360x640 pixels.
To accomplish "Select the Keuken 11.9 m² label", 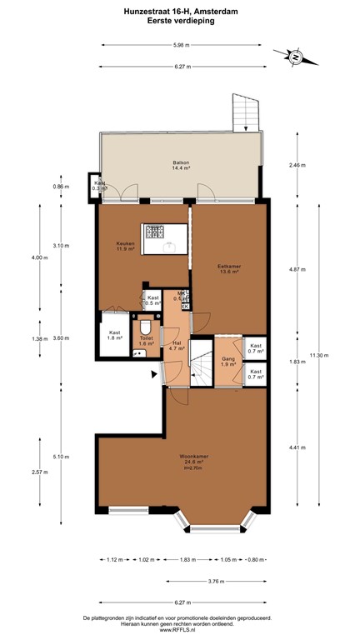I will (125, 246).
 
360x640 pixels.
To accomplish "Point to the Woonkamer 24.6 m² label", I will (192, 458).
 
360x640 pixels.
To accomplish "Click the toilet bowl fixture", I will (147, 326).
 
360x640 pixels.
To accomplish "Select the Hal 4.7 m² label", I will (177, 346).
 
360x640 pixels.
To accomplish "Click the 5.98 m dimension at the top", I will (180, 45).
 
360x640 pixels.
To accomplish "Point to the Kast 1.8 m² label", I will (114, 335).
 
